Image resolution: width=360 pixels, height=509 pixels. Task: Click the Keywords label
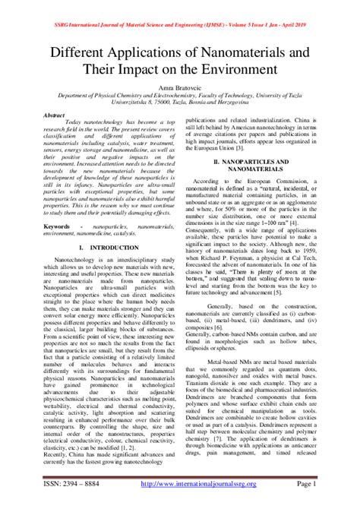tap(61, 226)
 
